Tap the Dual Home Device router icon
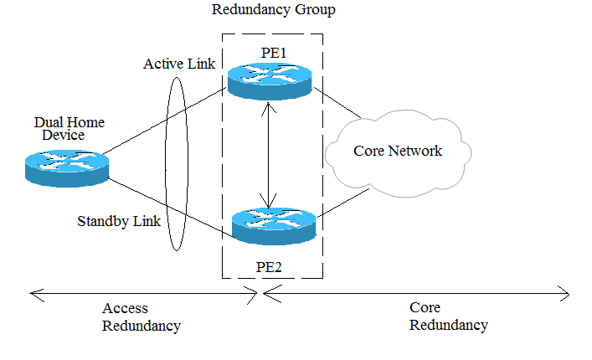pyautogui.click(x=67, y=166)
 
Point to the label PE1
pyautogui.click(x=274, y=53)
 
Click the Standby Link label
pyautogui.click(x=118, y=222)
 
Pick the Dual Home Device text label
pyautogui.click(x=59, y=128)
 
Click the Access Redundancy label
pyautogui.click(x=142, y=316)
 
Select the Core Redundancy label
pyautogui.click(x=448, y=316)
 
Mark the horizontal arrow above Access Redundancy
pyautogui.click(x=142, y=293)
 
